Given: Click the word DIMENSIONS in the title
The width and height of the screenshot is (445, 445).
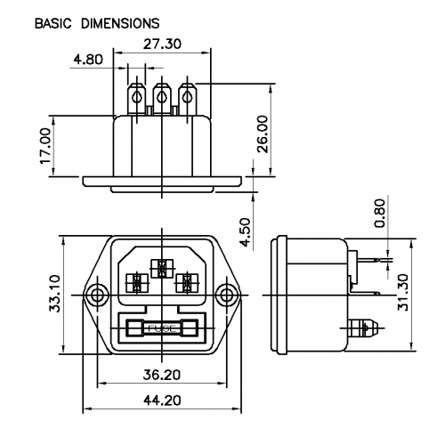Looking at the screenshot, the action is [120, 23].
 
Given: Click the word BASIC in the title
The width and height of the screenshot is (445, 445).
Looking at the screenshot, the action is [53, 23].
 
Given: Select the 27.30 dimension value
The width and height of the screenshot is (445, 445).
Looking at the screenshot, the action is [162, 44].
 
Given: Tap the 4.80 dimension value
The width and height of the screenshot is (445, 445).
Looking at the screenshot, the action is [88, 60].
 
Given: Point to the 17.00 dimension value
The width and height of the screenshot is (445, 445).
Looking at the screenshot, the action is [45, 146].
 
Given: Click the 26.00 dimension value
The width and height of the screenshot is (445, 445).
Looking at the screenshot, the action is [263, 134].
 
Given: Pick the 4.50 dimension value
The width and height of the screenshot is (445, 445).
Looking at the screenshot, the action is [246, 232].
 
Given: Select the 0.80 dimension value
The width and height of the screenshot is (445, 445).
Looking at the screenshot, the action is [380, 213].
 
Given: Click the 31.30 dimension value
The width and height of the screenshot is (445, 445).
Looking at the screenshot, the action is [403, 292].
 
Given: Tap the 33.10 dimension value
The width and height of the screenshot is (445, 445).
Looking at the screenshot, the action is [54, 294].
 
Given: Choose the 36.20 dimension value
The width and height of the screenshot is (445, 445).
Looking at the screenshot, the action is [162, 376].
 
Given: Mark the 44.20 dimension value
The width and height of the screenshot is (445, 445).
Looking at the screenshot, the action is [162, 400].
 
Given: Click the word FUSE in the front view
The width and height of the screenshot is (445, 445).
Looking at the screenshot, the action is [162, 328].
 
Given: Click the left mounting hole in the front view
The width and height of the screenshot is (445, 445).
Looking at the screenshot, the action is [97, 295].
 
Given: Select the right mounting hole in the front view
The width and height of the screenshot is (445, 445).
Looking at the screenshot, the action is [227, 295].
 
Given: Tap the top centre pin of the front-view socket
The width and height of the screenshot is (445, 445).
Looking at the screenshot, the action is [162, 269].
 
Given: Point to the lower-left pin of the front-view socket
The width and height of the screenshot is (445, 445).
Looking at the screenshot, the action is [137, 283].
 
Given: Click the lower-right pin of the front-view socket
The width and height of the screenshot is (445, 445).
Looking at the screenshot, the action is [187, 283].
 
